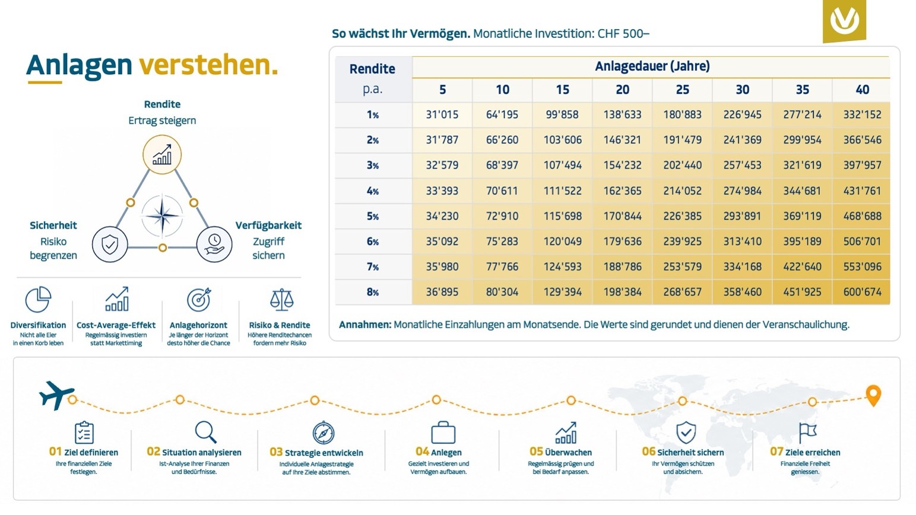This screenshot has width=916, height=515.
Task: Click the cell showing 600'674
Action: click(862, 292)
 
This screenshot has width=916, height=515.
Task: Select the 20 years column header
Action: click(622, 90)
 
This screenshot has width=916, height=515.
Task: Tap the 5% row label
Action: click(373, 216)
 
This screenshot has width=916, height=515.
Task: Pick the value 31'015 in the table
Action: click(442, 115)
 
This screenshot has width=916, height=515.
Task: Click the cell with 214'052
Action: click(683, 190)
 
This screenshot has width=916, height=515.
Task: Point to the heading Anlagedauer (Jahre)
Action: click(652, 66)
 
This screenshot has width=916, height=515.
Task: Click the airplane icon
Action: click(56, 395)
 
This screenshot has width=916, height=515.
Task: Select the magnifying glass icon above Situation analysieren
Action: click(205, 432)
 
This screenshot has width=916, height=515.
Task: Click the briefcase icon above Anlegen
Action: click(443, 433)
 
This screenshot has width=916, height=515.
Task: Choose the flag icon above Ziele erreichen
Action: click(807, 433)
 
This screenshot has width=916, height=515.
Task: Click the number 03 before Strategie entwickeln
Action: click(276, 452)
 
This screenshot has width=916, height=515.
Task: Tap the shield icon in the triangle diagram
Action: click(110, 244)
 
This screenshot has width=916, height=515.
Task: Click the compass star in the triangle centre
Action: click(162, 215)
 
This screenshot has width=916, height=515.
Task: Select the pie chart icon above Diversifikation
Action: click(38, 299)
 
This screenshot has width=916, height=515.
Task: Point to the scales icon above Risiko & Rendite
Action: click(282, 300)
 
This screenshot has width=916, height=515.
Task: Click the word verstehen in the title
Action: click(208, 65)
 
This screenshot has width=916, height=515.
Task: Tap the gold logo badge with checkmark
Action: click(844, 20)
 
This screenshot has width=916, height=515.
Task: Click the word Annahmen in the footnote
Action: click(365, 325)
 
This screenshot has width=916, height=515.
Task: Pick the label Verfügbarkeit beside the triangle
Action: click(268, 225)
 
